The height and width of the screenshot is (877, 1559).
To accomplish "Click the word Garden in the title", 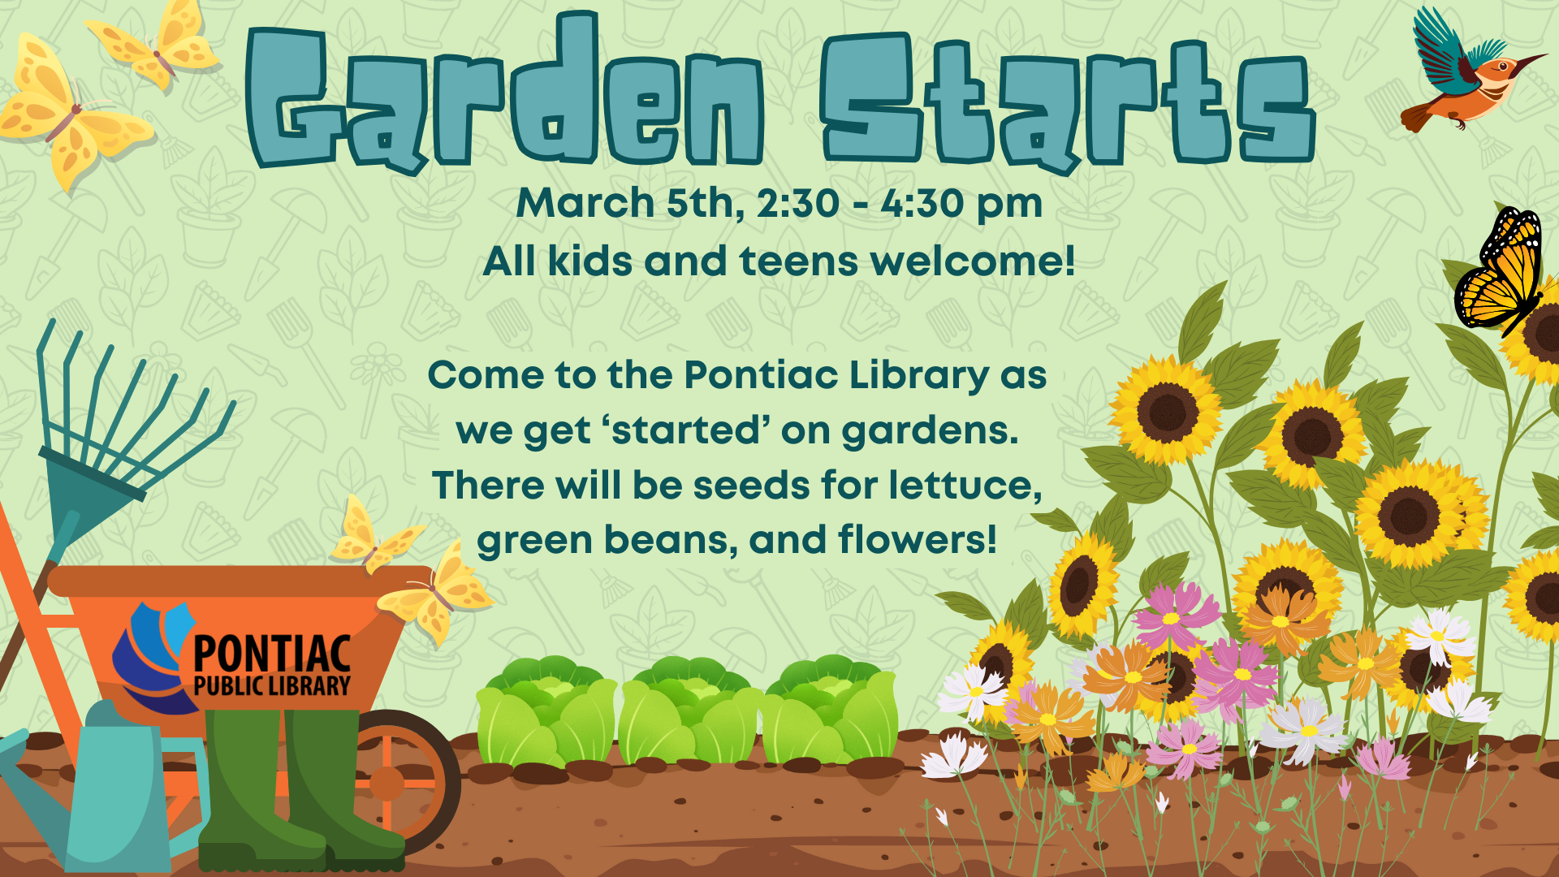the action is (x=503, y=97).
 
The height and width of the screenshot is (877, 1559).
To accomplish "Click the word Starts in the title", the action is (x=1068, y=102).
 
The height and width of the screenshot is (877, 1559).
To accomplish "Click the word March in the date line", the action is (x=585, y=202).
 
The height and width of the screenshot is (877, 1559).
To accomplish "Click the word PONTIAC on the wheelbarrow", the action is (x=272, y=654).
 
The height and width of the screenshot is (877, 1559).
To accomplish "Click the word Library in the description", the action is (x=919, y=376).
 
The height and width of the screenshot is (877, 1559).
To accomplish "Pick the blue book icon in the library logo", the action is (x=150, y=658).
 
